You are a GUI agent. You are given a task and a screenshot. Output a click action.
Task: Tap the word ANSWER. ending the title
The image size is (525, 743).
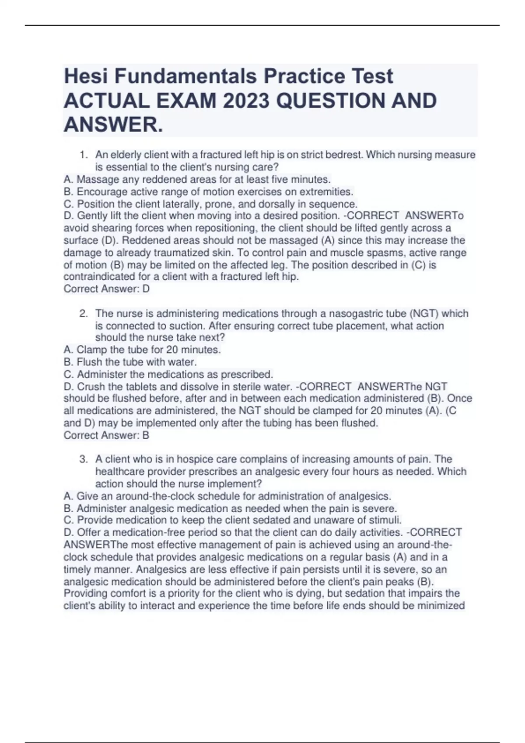(x=113, y=125)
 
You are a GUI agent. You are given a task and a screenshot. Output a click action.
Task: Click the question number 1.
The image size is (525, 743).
(x=83, y=155)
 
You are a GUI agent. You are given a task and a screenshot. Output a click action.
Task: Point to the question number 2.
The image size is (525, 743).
(x=83, y=313)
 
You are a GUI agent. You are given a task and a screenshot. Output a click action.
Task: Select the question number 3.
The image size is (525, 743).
(x=83, y=459)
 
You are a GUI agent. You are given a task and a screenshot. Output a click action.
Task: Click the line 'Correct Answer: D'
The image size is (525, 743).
(x=107, y=289)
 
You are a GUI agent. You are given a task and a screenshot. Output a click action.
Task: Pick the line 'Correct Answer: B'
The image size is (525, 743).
(x=107, y=435)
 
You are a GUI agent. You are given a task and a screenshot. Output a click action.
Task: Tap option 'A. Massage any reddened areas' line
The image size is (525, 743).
(x=197, y=180)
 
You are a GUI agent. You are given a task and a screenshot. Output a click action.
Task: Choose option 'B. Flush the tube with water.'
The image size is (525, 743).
(x=130, y=362)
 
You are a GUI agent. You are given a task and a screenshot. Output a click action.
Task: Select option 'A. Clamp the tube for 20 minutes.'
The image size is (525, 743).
(x=142, y=350)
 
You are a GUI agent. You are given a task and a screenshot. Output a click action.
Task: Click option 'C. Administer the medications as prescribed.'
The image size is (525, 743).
(x=168, y=375)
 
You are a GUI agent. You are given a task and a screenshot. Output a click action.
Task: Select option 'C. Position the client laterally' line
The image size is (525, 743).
(x=210, y=204)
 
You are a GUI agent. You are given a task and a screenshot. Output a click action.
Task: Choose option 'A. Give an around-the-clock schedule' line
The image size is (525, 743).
(x=227, y=496)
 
